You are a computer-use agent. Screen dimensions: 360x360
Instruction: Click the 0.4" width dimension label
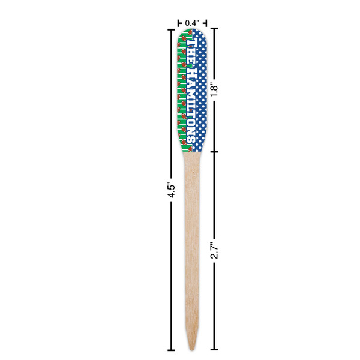pos(192,23)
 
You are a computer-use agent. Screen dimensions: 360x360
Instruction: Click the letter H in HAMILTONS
pos(192,67)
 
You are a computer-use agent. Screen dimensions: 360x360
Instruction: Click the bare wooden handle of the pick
pos(192,240)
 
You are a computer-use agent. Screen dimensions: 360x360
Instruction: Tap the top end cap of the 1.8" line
pos(214,28)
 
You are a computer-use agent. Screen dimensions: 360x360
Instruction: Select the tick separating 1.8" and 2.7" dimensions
pos(214,151)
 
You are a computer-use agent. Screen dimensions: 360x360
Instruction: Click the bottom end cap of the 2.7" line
pos(214,349)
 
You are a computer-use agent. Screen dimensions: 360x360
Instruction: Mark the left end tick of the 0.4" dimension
pos(178,23)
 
